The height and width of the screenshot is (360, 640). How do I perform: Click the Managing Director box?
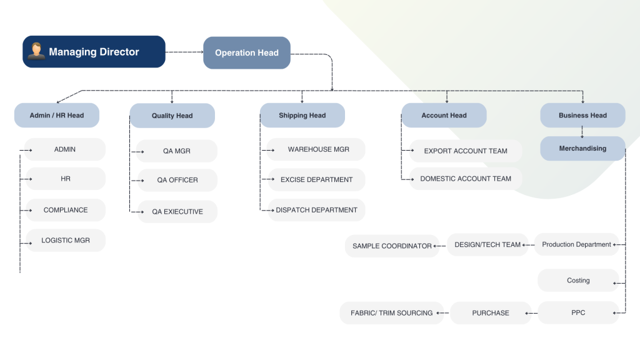(x=94, y=51)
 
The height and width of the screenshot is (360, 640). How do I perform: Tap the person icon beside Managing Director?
(x=36, y=51)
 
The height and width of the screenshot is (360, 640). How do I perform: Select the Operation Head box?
(x=247, y=52)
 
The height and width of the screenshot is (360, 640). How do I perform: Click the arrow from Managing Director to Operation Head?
(x=184, y=52)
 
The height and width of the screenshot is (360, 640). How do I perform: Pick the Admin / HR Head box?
(x=57, y=115)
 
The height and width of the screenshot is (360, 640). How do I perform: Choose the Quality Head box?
(x=172, y=116)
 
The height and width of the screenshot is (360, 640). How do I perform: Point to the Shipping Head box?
(x=302, y=115)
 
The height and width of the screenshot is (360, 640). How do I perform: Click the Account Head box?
(x=444, y=115)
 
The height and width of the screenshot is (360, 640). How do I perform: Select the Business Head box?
(x=583, y=115)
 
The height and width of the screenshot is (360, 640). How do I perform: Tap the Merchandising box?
(x=583, y=148)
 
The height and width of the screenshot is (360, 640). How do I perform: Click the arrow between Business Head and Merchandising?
(x=582, y=132)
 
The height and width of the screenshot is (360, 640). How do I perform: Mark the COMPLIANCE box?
(x=66, y=210)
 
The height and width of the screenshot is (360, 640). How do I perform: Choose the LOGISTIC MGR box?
(x=66, y=241)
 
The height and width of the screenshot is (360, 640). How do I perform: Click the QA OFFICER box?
(x=177, y=180)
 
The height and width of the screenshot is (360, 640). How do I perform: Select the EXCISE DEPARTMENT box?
(x=317, y=179)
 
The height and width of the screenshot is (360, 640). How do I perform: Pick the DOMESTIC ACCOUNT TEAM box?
(x=466, y=179)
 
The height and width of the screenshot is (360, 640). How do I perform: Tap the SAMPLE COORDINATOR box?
(x=392, y=246)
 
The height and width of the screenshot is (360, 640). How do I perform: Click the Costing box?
(x=578, y=281)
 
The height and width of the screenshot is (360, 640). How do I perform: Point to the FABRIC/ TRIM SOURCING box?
(x=392, y=313)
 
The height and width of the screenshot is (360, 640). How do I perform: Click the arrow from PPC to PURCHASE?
(x=531, y=313)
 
